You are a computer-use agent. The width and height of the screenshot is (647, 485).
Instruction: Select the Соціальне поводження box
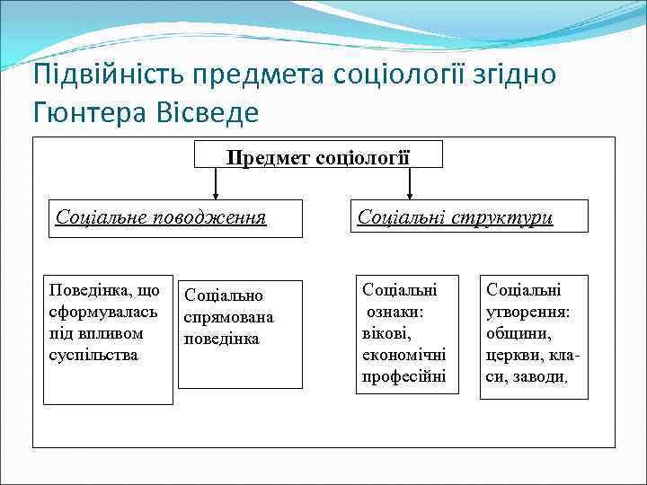[175, 218]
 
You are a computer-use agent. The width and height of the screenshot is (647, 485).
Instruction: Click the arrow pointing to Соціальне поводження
[215, 184]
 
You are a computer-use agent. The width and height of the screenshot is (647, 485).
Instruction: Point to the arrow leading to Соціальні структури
[411, 184]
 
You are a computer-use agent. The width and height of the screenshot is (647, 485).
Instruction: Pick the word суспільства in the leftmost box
[93, 355]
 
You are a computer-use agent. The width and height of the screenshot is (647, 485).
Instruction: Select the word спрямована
[228, 317]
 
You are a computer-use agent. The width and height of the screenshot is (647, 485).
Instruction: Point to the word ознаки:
[396, 312]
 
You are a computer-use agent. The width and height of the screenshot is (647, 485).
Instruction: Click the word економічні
[403, 355]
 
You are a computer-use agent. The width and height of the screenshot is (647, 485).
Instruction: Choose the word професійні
[403, 376]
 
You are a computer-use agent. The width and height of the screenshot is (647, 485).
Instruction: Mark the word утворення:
[528, 312]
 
